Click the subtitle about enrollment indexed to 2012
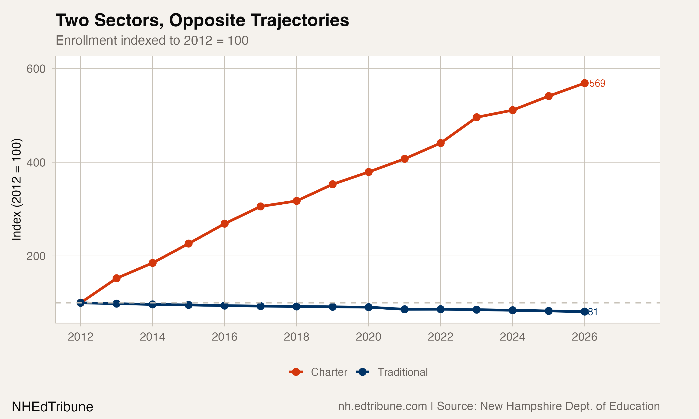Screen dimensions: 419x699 click(x=152, y=40)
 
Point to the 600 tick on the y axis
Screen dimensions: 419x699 click(x=36, y=69)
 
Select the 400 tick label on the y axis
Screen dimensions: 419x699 click(x=36, y=163)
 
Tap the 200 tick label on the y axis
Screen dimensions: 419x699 click(x=36, y=256)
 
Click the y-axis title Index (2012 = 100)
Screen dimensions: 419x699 click(x=16, y=189)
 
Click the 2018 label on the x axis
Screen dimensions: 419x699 click(x=296, y=337)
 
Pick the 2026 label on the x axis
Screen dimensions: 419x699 click(x=584, y=337)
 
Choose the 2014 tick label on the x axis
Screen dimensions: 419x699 click(x=152, y=337)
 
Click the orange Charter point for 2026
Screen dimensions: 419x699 click(x=585, y=83)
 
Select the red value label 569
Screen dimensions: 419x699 click(x=597, y=83)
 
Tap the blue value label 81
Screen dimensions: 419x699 click(x=593, y=312)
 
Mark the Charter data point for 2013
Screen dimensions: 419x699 click(x=116, y=278)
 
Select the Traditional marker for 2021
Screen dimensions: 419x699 click(x=404, y=309)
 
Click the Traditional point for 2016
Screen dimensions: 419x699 click(x=224, y=305)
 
